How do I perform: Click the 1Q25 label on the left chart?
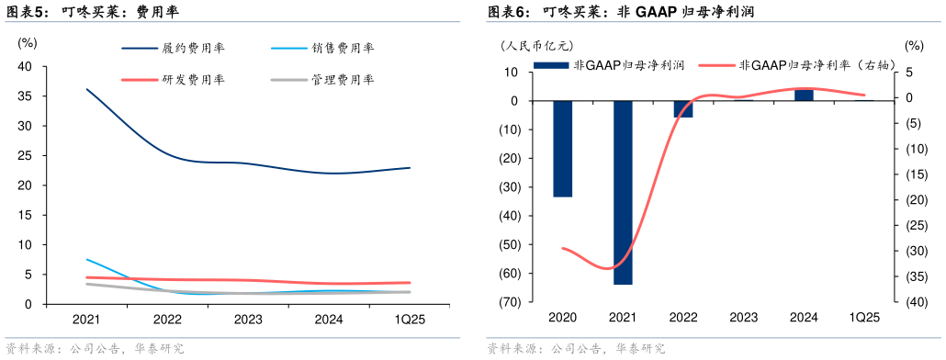pos(411,318)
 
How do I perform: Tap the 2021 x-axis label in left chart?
pos(86,318)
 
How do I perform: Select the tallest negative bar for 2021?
pos(623,192)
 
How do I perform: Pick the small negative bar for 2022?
pos(683,109)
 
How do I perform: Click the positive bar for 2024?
pos(804,95)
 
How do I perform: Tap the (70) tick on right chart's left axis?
pos(511,302)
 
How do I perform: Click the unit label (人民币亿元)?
pos(536,45)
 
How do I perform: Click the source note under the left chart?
pos(96,349)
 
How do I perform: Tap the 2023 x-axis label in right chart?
pos(743,318)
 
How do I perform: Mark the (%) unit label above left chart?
pos(27,42)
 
